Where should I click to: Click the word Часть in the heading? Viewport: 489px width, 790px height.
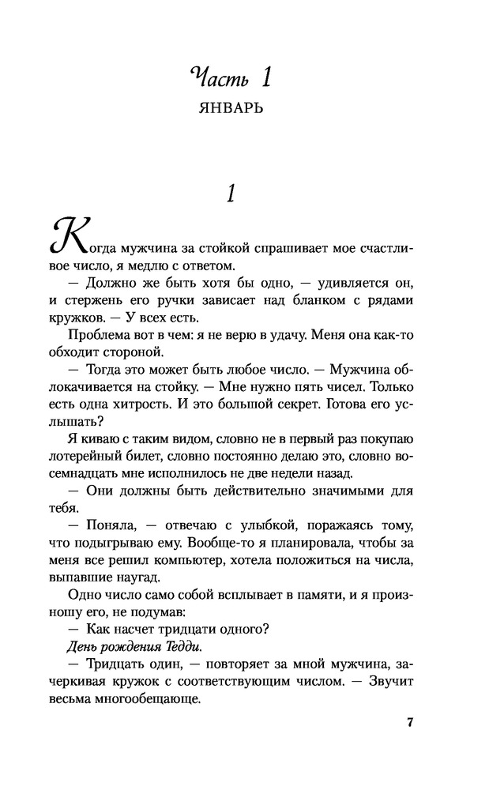coord(216,78)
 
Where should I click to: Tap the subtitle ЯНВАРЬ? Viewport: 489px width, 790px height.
coord(231,108)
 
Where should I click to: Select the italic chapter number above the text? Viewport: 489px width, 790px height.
coord(231,194)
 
